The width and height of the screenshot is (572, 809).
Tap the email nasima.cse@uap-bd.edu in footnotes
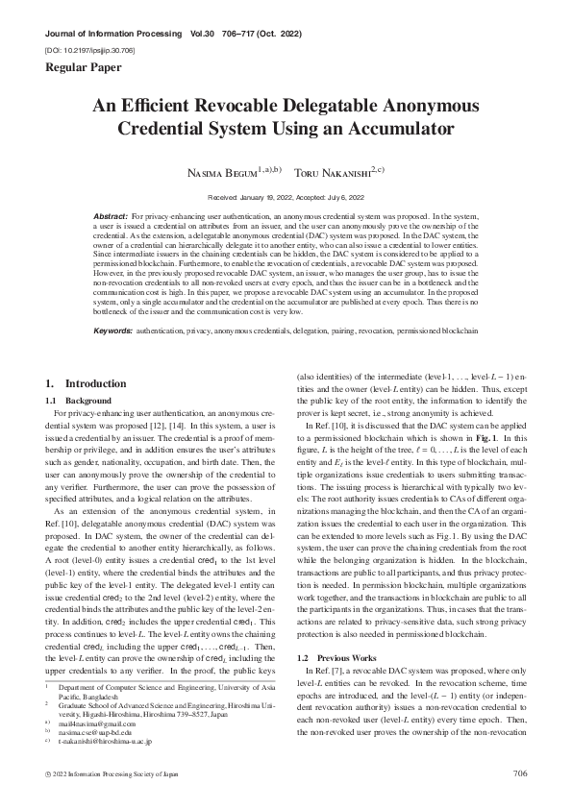click(95, 731)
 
